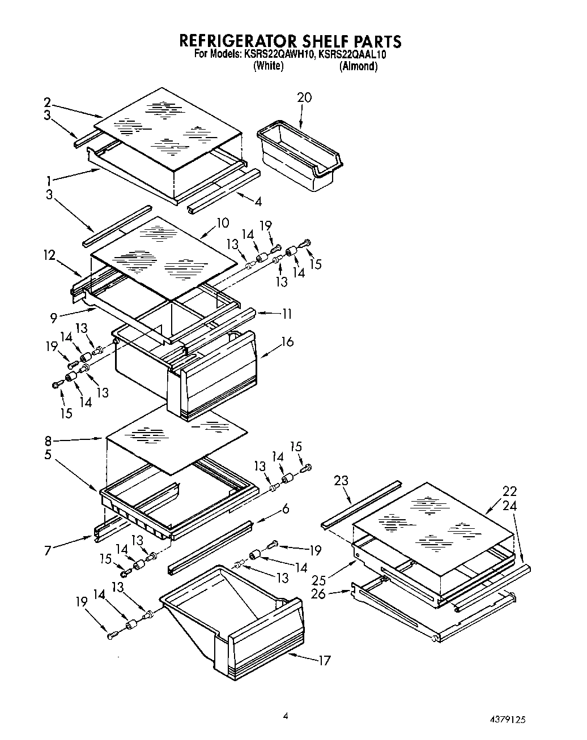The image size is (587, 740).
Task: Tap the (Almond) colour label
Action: point(358,66)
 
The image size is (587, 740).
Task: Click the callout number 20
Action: point(304,97)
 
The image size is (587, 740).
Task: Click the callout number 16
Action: point(287,342)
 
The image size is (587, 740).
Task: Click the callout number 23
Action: point(341,480)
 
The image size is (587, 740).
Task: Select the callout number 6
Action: point(285,509)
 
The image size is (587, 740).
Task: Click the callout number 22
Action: point(509,491)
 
